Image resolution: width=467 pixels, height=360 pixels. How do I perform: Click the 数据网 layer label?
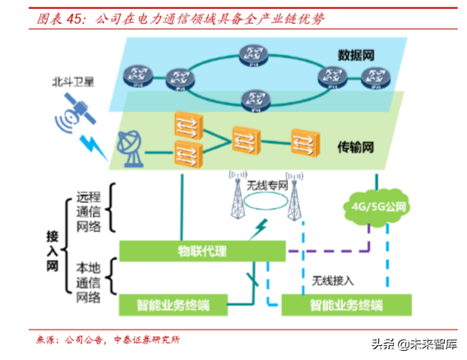tap(356, 56)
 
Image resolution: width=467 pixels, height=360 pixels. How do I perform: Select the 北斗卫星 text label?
tap(73, 83)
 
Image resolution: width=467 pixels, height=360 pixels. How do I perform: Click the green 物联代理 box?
tap(202, 250)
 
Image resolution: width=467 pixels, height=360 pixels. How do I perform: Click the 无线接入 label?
tap(332, 280)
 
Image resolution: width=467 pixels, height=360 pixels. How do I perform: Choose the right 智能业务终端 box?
tap(345, 306)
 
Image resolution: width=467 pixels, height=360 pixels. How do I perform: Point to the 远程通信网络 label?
tap(89, 211)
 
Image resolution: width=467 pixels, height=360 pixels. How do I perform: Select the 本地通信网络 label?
tap(89, 283)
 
